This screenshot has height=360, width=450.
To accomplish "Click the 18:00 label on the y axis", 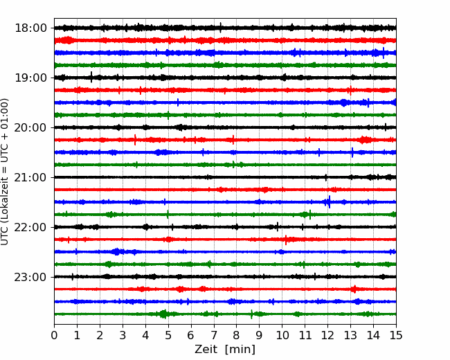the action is pos(30,28).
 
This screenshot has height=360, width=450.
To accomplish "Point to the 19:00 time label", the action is pos(30,78).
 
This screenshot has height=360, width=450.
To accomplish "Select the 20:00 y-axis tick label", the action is pos(30,127).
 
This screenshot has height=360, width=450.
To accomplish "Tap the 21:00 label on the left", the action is pos(30,177).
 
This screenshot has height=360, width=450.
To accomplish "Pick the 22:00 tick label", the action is pos(30,227).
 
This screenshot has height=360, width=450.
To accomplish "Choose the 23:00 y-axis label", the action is pos(30,277).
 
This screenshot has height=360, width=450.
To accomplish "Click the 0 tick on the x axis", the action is pos(54,335).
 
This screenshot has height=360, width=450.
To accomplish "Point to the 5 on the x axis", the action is pos(168,335).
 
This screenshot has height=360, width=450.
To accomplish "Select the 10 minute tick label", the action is pos(282,335).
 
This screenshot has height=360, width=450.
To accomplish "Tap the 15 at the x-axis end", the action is pos(396,335).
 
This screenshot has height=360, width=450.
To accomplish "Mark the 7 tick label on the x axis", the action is pos(214,335).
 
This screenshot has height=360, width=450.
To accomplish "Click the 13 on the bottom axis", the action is pos(350,335).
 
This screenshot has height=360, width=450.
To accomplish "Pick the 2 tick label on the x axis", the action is pos(100,335).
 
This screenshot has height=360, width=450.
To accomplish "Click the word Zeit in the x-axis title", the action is pos(206,349).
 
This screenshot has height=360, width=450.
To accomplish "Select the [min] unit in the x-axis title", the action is pos(240,350).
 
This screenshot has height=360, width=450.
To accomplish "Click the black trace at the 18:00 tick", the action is pos(225,28).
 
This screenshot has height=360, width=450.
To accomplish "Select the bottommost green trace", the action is pos(225,314).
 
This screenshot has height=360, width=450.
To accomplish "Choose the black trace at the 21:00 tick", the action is pos(225,177).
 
